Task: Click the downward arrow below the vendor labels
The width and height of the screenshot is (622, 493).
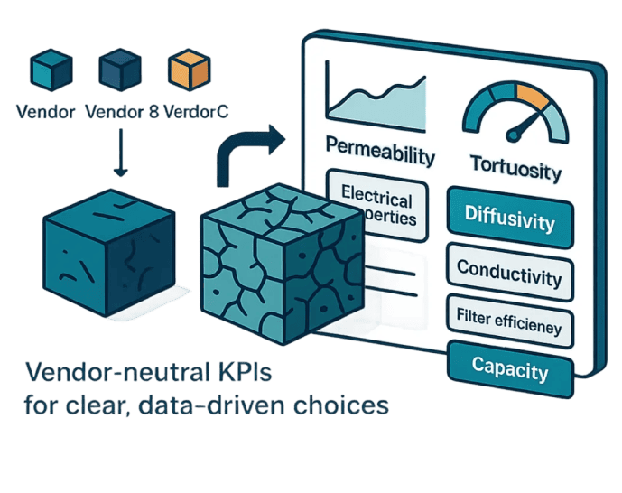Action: click(121, 153)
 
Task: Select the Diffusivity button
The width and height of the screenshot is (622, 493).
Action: click(510, 218)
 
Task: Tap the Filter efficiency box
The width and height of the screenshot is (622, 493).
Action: click(510, 318)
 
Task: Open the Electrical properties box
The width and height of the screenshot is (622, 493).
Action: click(378, 208)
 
